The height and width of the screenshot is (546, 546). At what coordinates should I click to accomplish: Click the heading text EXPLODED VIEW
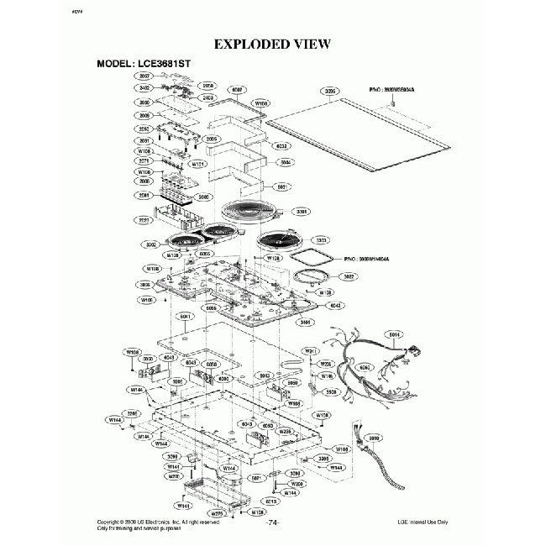click(272, 44)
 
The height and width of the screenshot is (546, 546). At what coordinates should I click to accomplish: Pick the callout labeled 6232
click(282, 145)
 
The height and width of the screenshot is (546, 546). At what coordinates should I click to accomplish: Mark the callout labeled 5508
click(331, 392)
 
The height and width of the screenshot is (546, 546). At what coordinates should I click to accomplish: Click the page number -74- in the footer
click(272, 522)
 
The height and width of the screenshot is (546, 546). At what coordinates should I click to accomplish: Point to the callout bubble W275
click(215, 512)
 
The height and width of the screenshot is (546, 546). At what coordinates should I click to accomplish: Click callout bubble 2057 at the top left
click(144, 76)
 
